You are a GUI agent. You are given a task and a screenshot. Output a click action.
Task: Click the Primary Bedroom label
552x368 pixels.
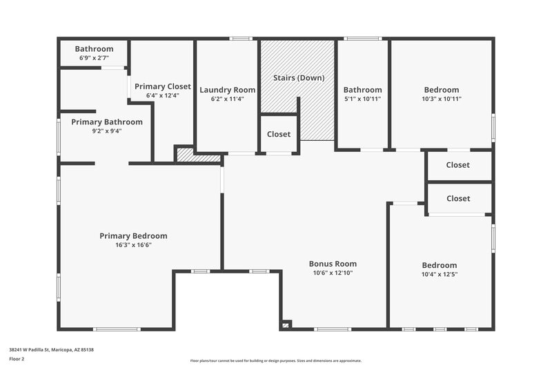tap(133, 236)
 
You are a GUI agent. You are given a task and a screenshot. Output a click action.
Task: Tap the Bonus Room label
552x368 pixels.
tap(333, 264)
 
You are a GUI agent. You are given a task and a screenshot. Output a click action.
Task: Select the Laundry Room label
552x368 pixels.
tap(227, 90)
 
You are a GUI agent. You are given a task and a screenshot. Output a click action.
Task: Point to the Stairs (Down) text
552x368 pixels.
tap(298, 78)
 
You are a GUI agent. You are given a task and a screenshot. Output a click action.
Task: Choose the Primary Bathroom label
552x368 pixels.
tap(107, 122)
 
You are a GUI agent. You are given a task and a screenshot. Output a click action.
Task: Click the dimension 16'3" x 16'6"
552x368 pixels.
tap(133, 245)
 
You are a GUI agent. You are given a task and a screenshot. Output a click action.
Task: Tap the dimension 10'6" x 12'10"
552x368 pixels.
tap(333, 273)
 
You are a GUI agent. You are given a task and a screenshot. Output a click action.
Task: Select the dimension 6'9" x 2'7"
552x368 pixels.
tap(94, 58)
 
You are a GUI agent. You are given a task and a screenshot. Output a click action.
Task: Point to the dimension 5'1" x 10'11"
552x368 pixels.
tap(362, 99)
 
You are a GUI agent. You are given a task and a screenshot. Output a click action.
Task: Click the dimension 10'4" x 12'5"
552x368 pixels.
tap(440, 274)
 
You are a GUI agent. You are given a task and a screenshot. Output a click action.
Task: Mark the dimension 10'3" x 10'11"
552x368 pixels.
tap(441, 99)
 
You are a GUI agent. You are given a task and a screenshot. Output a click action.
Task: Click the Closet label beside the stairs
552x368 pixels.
tap(279, 134)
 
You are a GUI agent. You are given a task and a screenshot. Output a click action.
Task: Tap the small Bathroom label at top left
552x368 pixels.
tap(94, 49)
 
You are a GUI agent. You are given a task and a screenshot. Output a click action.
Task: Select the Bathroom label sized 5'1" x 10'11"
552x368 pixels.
tap(362, 90)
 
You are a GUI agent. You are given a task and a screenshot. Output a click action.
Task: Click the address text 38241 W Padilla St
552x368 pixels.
tap(51, 350)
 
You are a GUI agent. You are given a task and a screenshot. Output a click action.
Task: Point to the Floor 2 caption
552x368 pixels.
tap(17, 359)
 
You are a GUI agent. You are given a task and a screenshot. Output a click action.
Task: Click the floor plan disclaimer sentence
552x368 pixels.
tap(276, 360)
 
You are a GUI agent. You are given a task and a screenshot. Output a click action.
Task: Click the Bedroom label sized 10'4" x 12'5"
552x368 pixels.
tap(440, 265)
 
